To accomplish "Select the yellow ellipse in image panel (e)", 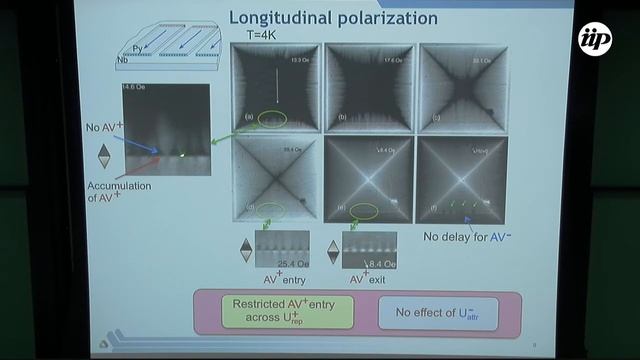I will click(x=365, y=211).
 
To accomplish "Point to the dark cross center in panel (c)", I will click(x=462, y=87).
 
